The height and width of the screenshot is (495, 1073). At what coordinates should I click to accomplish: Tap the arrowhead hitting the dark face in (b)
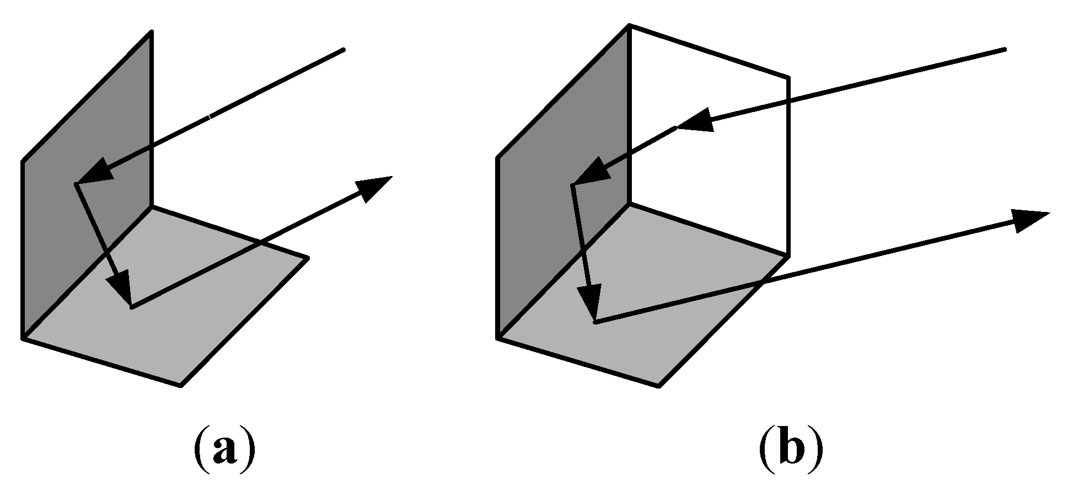click(593, 171)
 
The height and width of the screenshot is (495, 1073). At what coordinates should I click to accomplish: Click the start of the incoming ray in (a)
click(343, 50)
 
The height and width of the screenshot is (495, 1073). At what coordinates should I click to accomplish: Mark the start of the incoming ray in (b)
click(1004, 50)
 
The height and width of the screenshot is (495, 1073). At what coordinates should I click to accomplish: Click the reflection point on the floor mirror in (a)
click(131, 307)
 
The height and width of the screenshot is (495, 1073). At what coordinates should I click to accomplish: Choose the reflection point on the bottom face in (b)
click(595, 322)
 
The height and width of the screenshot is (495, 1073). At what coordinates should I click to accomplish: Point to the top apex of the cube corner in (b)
click(630, 25)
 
